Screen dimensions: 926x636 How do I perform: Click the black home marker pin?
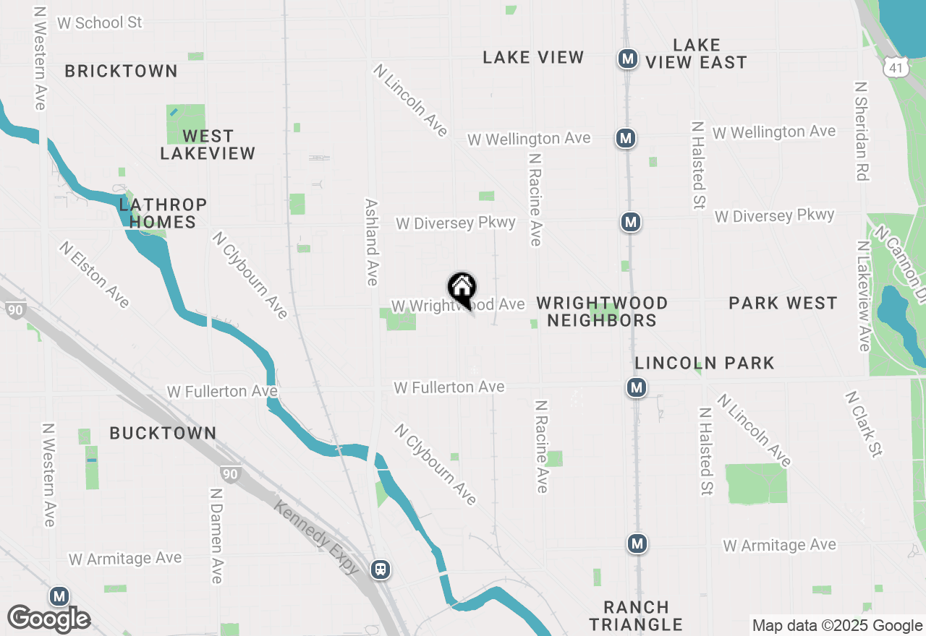tap(462, 289)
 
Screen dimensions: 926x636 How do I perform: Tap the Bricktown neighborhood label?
tap(121, 71)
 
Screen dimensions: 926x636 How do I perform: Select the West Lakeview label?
tap(208, 145)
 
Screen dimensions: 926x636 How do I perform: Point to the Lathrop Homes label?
tap(163, 213)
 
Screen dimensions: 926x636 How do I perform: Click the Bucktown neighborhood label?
tap(163, 433)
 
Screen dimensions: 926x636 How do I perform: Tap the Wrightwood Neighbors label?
tap(602, 311)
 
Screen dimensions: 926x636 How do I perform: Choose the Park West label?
tap(783, 303)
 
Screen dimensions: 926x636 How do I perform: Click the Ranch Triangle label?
tap(636, 616)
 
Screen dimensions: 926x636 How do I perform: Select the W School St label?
tap(100, 22)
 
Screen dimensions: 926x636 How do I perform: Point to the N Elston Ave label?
tap(95, 275)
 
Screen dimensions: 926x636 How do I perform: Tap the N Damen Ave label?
tap(216, 535)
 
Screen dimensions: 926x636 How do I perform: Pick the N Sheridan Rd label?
tap(861, 130)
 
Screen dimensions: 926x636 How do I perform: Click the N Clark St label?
tap(864, 424)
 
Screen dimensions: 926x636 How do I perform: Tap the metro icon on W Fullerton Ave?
tap(637, 388)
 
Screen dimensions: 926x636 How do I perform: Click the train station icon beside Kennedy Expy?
tap(381, 569)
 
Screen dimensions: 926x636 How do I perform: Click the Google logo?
tap(49, 618)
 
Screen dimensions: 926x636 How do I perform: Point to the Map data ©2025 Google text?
tap(837, 626)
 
